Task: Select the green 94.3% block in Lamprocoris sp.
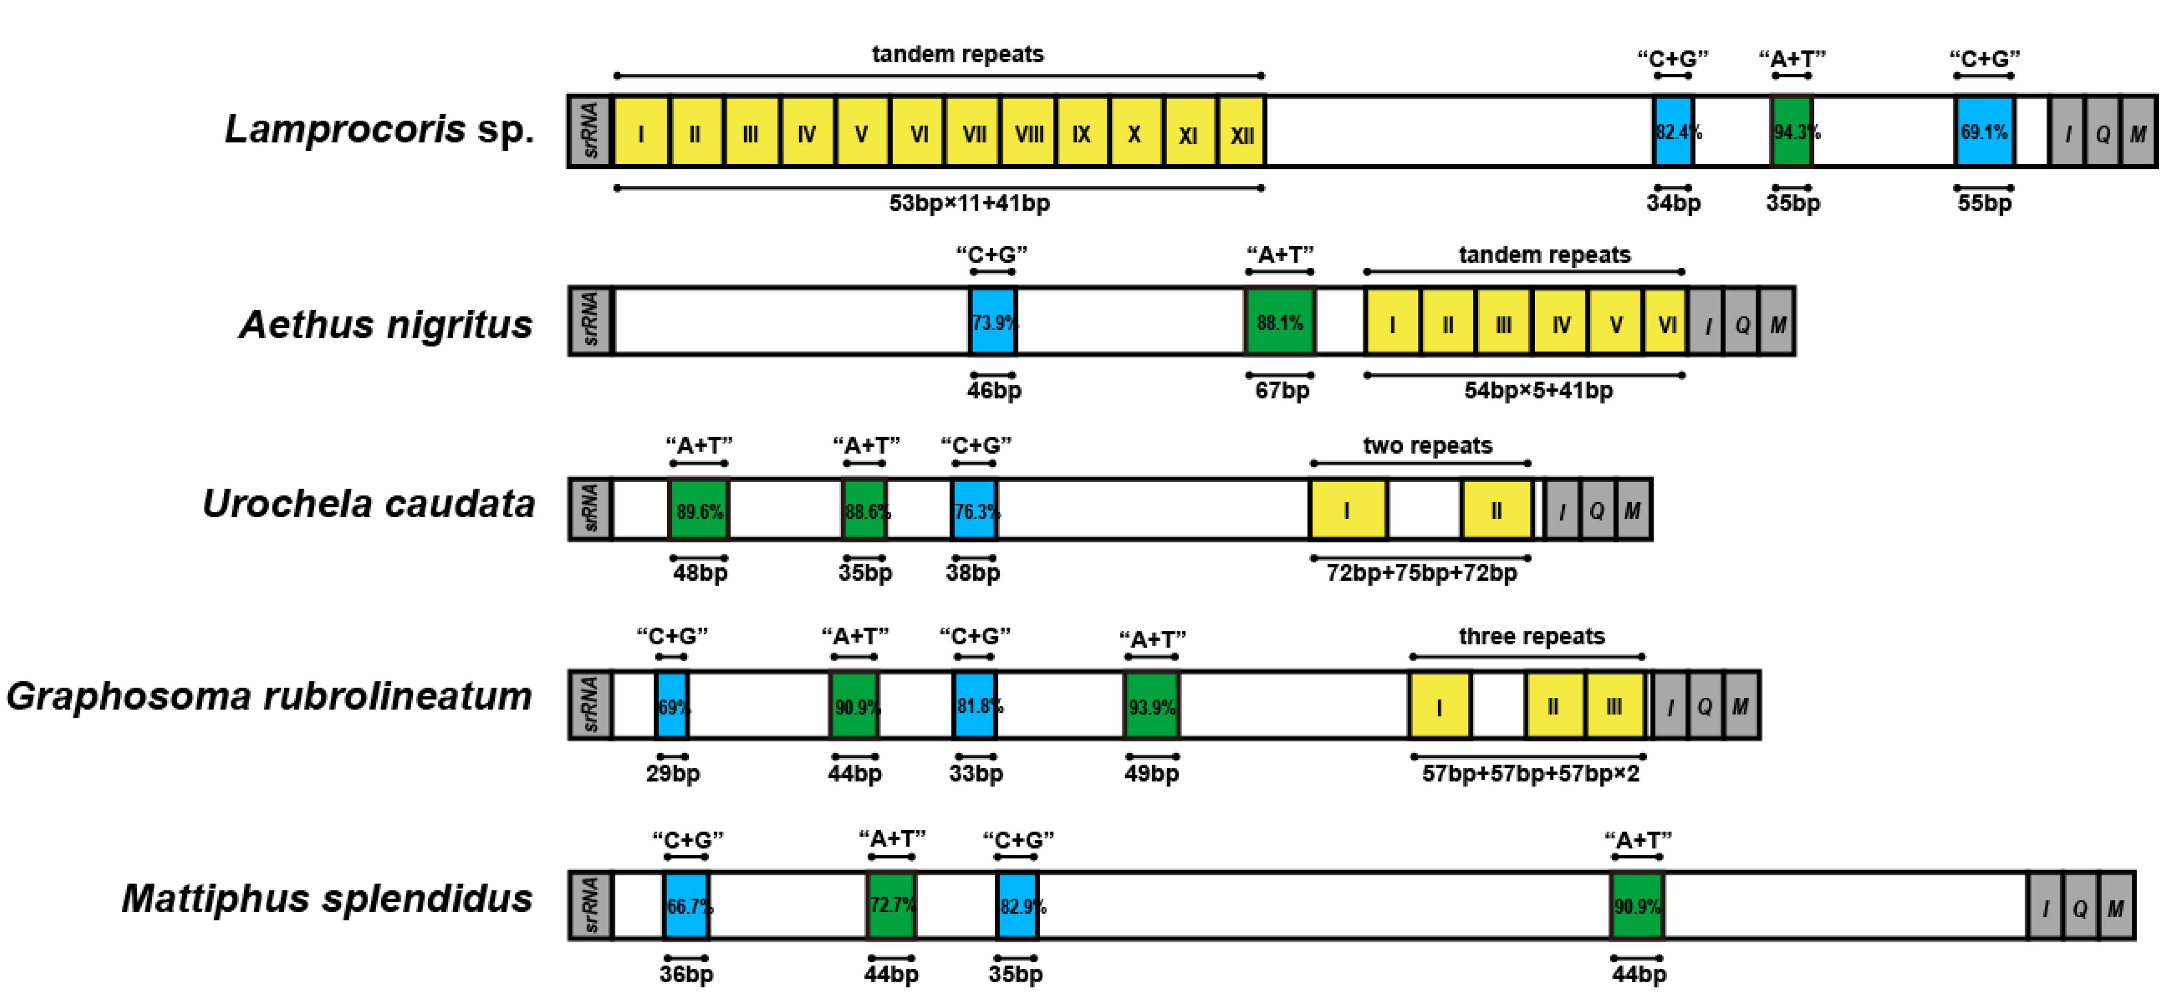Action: click(x=1791, y=132)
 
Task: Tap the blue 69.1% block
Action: click(x=1984, y=132)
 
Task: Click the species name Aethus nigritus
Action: click(x=385, y=325)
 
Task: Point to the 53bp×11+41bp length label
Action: click(x=968, y=203)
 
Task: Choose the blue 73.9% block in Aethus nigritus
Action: click(x=992, y=322)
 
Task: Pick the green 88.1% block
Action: click(x=1280, y=322)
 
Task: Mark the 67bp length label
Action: click(x=1281, y=391)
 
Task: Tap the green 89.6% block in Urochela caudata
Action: click(x=699, y=510)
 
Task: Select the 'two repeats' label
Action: click(x=1427, y=446)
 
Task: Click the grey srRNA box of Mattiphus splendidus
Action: click(x=591, y=905)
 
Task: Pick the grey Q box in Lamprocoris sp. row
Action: click(x=2103, y=132)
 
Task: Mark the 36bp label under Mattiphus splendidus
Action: click(x=686, y=975)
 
